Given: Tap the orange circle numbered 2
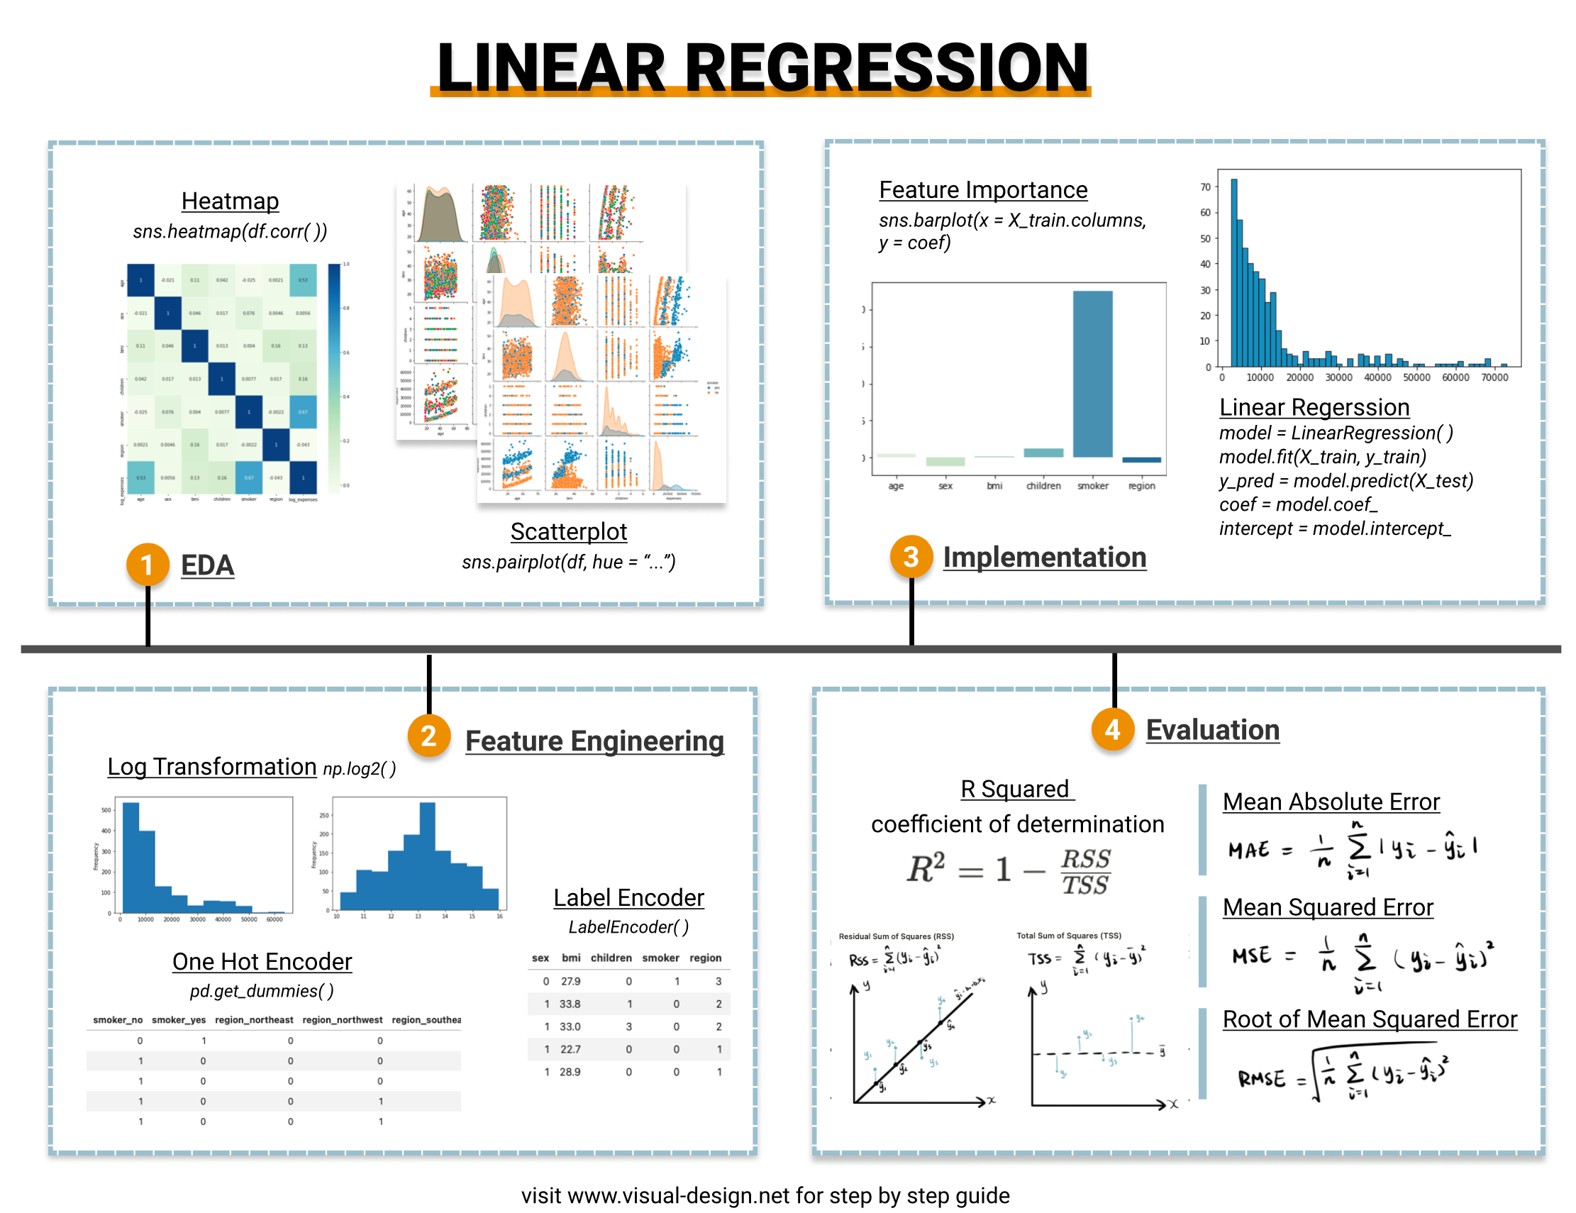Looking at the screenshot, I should click(x=428, y=736).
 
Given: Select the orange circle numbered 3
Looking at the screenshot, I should click(x=911, y=556).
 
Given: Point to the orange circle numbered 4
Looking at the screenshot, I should click(x=1112, y=729).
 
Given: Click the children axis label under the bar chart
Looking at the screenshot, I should click(x=1043, y=486).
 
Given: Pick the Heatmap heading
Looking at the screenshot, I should click(x=230, y=201).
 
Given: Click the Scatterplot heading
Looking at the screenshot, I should click(x=569, y=531).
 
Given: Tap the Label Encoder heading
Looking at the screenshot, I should click(x=628, y=897).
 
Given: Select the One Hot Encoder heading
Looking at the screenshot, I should click(x=262, y=961).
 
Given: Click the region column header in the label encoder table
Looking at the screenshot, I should click(x=705, y=958).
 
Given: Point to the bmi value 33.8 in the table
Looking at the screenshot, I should click(x=570, y=1004).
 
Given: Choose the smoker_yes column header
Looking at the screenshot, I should click(x=178, y=1019).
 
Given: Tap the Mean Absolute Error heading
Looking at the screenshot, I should click(x=1331, y=802).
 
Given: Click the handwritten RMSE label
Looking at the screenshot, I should click(x=1261, y=1079).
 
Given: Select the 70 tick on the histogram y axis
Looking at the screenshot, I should click(x=1205, y=187).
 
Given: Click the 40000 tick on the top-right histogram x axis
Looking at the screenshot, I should click(x=1377, y=377).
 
